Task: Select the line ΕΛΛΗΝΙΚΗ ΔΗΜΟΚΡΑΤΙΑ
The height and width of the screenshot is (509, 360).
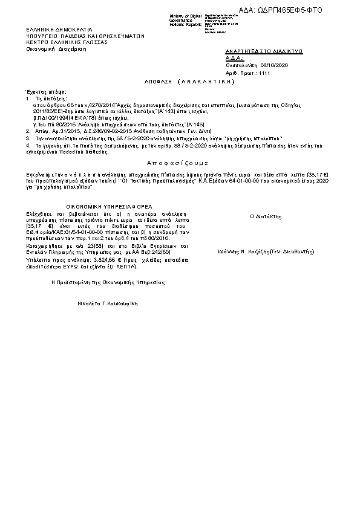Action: click(x=59, y=29)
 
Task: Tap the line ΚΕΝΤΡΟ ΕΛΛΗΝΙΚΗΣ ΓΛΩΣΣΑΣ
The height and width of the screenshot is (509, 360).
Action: click(x=67, y=43)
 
